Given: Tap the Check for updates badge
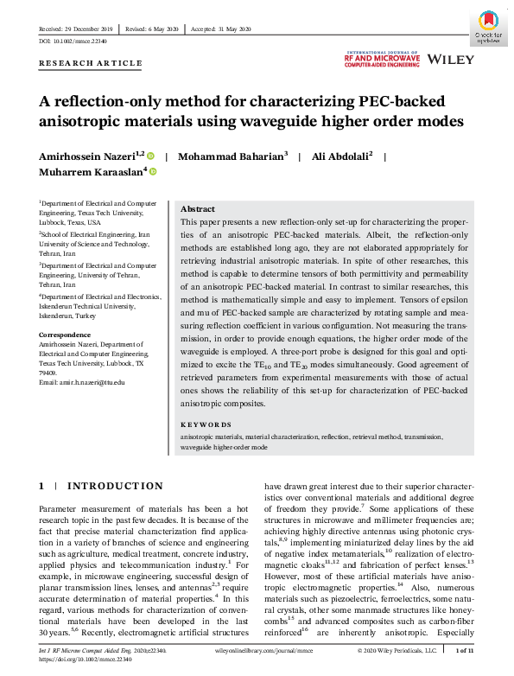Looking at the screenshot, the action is (488, 28).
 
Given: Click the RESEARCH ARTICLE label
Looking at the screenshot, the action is (91, 64).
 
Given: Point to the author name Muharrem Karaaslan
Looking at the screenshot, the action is (92, 172).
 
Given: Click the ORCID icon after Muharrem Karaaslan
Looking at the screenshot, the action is (153, 172).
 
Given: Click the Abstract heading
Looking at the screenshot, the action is (198, 210).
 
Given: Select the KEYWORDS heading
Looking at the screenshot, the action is (206, 424).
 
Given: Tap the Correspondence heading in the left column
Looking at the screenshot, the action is (65, 333).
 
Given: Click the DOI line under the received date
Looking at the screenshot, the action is (75, 41).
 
